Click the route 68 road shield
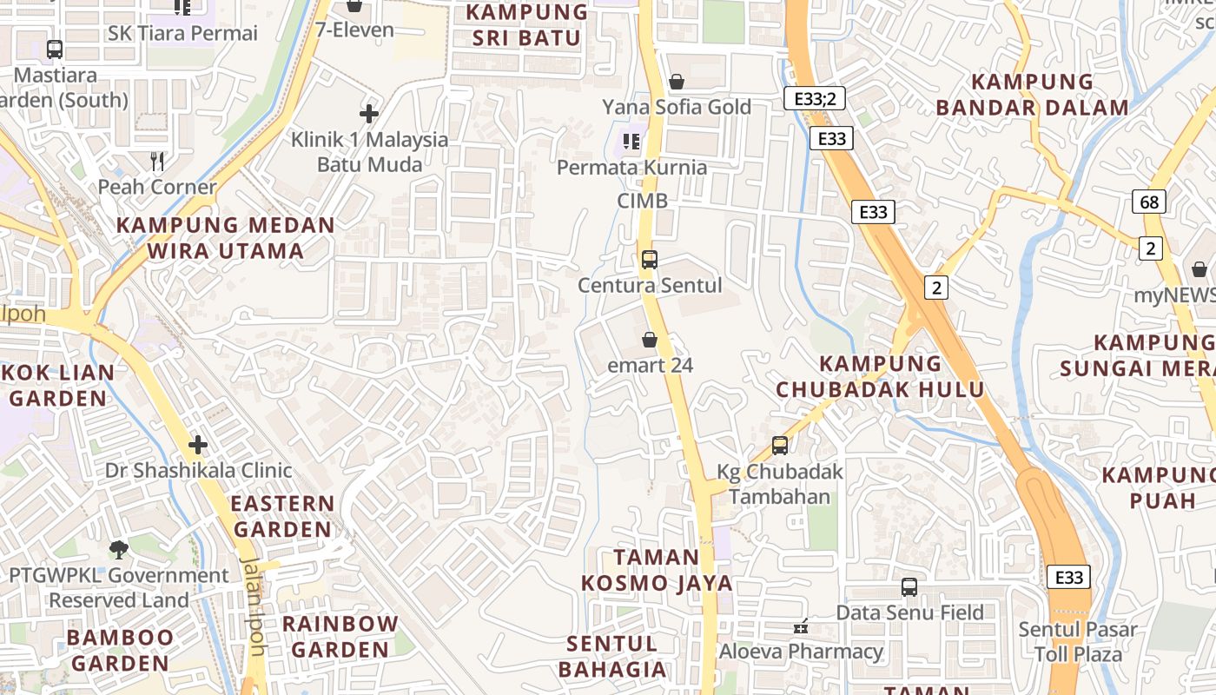1149,202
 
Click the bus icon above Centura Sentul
649,259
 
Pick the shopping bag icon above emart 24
649,339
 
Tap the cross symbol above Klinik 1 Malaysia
369,113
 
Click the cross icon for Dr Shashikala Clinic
198,445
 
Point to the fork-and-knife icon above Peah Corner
157,161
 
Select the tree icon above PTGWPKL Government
119,549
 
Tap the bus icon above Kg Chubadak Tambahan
780,446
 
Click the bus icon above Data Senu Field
909,587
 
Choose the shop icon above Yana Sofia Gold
677,82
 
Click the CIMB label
643,201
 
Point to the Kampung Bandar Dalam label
1032,95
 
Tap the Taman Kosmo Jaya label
657,570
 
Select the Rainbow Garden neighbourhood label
340,637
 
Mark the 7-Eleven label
354,30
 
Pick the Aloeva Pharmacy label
801,651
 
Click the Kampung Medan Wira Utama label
226,238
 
